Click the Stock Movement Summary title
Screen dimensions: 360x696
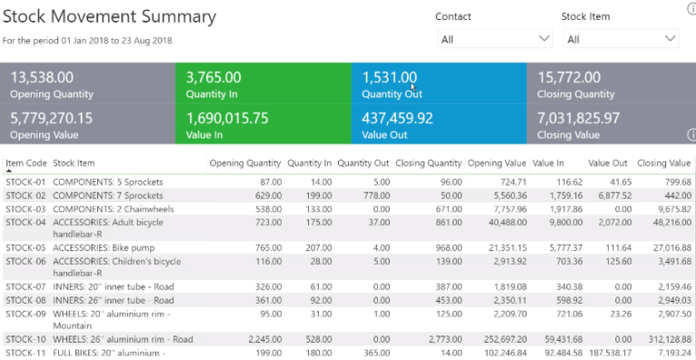[x=110, y=17]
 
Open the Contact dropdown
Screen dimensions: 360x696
[x=495, y=39]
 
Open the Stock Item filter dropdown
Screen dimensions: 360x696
[x=621, y=39]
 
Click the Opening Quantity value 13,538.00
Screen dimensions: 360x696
[x=42, y=78]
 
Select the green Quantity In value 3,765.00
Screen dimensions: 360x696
[x=214, y=78]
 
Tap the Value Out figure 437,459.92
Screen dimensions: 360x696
[x=398, y=118]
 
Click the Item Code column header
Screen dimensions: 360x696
[x=26, y=163]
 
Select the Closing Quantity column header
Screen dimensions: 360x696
[x=429, y=163]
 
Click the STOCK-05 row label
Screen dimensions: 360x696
[x=26, y=248]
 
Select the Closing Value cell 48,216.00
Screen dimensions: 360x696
[x=672, y=221]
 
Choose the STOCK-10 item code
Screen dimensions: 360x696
[x=26, y=338]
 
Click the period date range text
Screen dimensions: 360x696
[x=88, y=41]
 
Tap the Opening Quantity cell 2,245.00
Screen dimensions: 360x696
[x=260, y=338]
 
